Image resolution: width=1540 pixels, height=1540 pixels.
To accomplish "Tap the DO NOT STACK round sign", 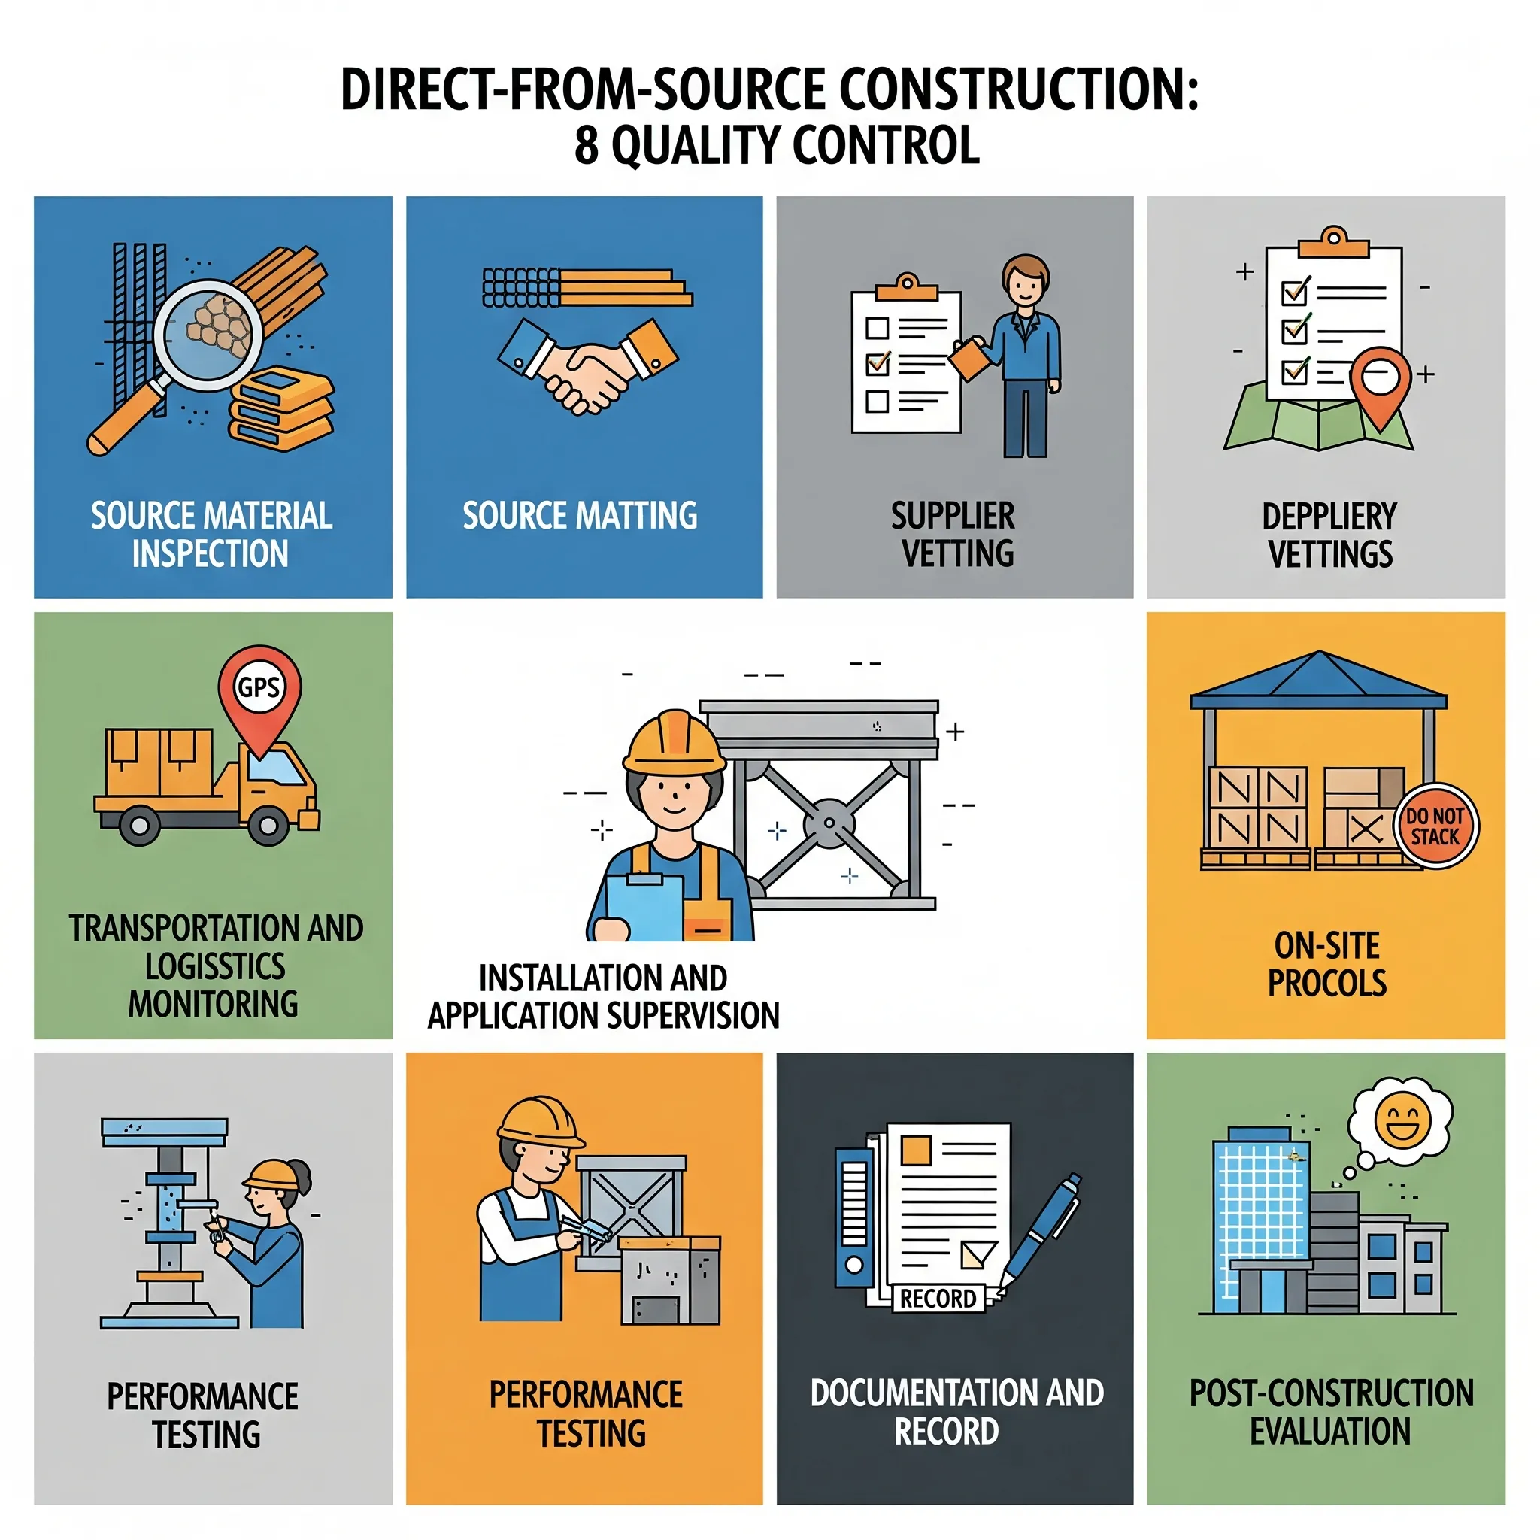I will tap(1436, 826).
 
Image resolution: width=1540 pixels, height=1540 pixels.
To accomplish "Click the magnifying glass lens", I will tap(209, 335).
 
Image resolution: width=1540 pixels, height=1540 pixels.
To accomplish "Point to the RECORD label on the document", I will tap(938, 1299).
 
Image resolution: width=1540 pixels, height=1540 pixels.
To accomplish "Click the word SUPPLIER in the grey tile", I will tap(953, 517).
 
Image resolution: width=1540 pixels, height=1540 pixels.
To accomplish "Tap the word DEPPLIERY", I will tap(1329, 517).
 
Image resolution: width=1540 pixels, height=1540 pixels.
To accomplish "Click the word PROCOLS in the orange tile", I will tap(1327, 983).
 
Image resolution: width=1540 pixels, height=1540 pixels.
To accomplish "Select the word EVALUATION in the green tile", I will tap(1329, 1432).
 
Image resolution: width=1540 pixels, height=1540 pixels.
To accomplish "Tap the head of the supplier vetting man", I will tap(1025, 279).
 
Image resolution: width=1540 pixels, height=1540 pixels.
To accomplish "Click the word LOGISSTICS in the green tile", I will tap(214, 966).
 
